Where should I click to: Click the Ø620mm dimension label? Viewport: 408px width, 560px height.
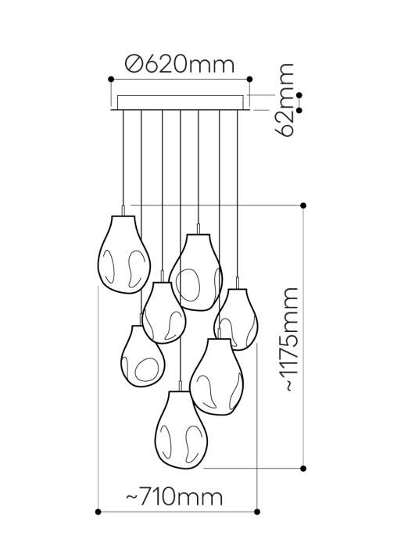click(180, 64)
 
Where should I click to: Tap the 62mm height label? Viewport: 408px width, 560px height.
click(286, 100)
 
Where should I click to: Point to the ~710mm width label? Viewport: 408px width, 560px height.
click(174, 497)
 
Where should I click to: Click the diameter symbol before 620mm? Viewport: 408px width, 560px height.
click(134, 64)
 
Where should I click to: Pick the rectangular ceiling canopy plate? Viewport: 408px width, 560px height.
click(180, 102)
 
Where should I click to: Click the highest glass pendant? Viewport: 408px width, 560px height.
click(123, 255)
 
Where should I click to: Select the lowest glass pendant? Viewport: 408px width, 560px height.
click(181, 430)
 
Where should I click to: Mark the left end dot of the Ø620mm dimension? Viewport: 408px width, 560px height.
click(111, 79)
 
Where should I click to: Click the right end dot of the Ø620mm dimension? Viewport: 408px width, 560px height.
click(249, 79)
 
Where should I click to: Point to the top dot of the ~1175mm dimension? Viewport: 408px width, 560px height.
click(303, 205)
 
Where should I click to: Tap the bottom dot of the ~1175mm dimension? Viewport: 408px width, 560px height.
click(303, 468)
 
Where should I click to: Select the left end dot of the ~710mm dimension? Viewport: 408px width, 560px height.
click(98, 512)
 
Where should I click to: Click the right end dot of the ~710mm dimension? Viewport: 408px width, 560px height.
click(259, 512)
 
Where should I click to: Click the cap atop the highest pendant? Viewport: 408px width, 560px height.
click(123, 210)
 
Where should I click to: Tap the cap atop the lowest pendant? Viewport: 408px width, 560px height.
click(181, 387)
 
